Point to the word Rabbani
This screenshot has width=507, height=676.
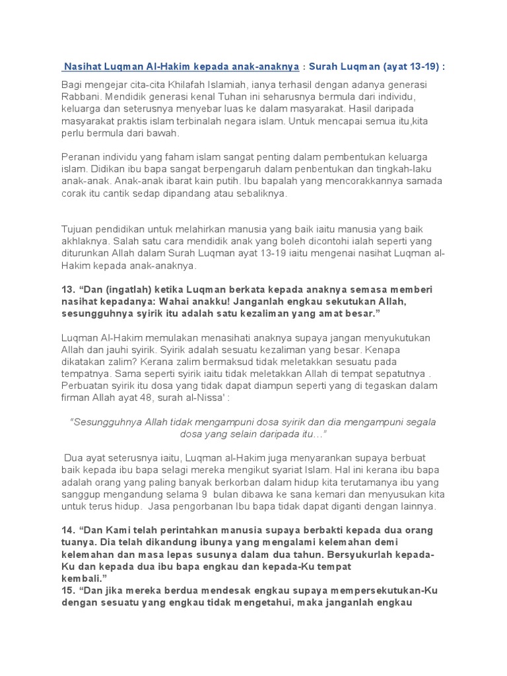pyautogui.click(x=82, y=97)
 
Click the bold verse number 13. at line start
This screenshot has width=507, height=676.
pyautogui.click(x=69, y=290)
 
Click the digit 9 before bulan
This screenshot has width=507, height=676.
pyautogui.click(x=203, y=494)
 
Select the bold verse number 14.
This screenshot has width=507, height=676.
pyautogui.click(x=69, y=530)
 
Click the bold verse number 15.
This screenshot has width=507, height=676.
pyautogui.click(x=69, y=590)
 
